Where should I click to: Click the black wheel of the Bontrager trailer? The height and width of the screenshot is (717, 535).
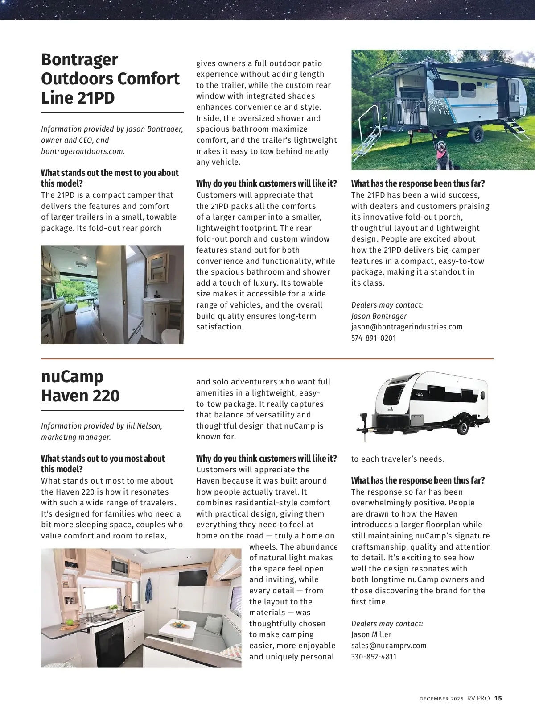(x=476, y=133)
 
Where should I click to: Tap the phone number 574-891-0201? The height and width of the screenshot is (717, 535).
(x=374, y=338)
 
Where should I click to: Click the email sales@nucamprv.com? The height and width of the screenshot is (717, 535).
(x=389, y=646)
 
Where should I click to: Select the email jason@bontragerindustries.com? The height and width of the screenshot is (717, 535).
(x=407, y=327)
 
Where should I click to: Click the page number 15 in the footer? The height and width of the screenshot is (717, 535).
(x=498, y=698)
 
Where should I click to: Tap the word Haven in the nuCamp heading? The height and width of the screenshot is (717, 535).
(x=62, y=396)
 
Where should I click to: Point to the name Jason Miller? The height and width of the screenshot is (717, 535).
(x=371, y=634)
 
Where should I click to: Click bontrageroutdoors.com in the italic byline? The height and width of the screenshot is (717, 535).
(x=83, y=151)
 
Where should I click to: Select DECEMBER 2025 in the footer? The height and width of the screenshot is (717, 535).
(x=441, y=699)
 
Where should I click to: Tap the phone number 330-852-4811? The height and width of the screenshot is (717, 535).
(x=374, y=657)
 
